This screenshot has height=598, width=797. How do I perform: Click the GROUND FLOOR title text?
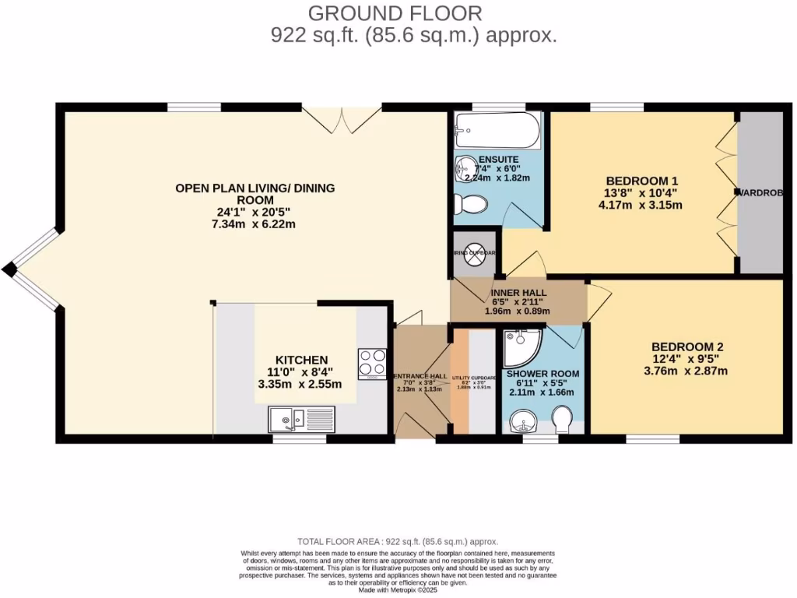click(395, 13)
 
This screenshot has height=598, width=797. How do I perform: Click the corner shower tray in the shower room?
click(519, 347)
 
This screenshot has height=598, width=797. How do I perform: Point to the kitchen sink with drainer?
click(300, 420)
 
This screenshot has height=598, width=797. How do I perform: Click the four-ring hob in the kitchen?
click(372, 363)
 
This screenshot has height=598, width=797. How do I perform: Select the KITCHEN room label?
click(301, 360)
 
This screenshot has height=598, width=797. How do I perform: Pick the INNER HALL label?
click(517, 292)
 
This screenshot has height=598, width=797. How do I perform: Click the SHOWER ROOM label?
click(542, 374)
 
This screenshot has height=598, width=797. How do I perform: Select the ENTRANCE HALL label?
click(420, 377)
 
